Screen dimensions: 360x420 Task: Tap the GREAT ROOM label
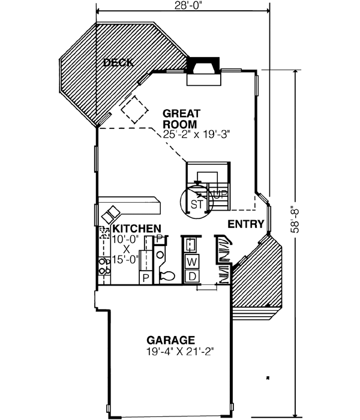click(182, 119)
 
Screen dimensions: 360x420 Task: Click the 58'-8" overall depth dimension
click(293, 220)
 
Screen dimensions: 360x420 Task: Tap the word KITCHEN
click(137, 229)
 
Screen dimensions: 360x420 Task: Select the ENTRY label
click(246, 224)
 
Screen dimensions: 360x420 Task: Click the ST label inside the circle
click(196, 204)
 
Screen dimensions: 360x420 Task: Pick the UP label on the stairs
click(220, 194)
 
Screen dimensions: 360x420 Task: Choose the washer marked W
click(191, 261)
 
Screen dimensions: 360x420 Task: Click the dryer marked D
click(191, 275)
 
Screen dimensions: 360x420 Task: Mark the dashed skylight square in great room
click(133, 109)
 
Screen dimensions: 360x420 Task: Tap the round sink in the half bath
click(160, 256)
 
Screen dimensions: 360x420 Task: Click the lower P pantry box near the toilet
click(145, 277)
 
